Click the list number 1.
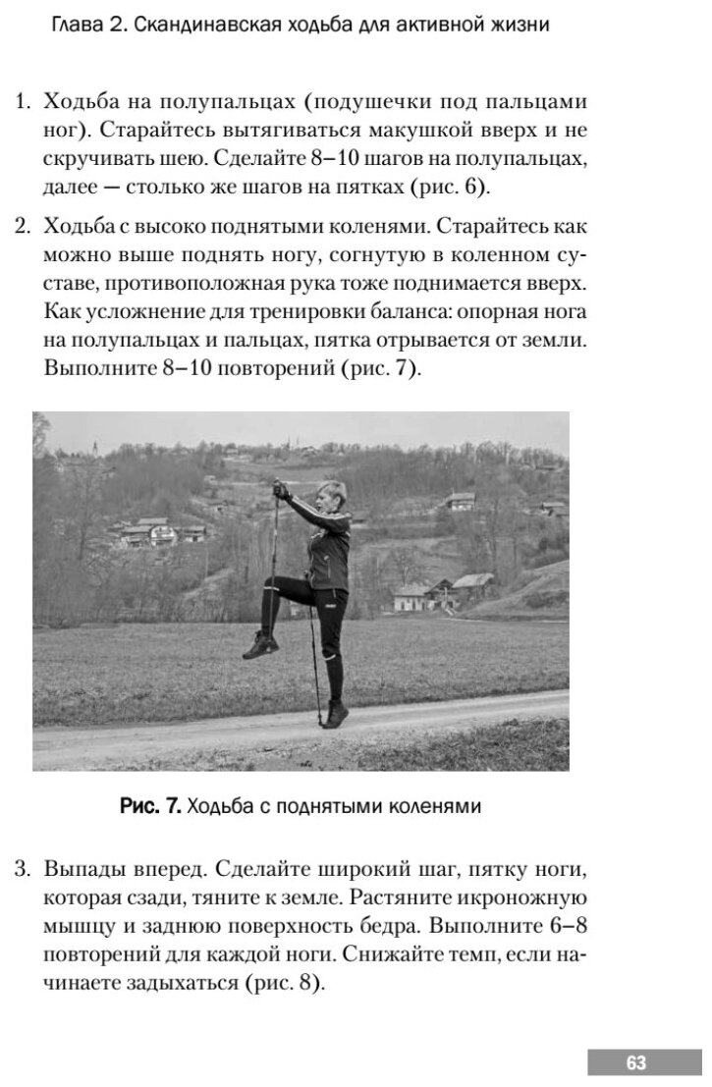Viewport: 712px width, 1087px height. coord(22,101)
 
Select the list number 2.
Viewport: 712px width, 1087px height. coord(22,229)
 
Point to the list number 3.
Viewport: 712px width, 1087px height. coord(22,869)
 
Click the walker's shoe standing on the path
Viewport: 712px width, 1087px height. coord(334,713)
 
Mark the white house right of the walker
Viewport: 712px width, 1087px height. coord(411,596)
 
